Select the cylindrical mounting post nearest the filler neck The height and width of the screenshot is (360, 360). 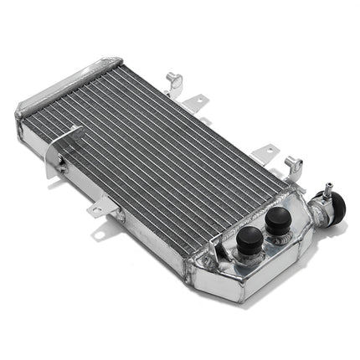[x=291, y=162]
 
